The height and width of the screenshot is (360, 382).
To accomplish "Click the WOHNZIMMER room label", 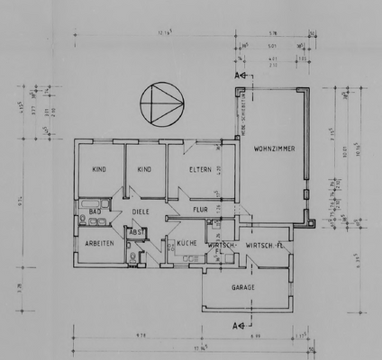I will pos(272,148).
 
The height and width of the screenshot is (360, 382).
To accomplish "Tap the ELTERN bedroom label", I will pos(199,168).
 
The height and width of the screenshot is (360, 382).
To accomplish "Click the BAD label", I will pos(94,211).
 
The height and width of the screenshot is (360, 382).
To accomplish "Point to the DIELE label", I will pos(141,212).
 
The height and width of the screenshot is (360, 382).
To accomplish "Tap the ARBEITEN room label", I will pos(98,243).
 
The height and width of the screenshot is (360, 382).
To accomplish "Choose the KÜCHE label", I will pos(186,244).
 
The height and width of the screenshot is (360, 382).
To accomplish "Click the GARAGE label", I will pos(243,287).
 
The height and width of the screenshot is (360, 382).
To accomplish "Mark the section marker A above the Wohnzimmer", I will pos(239,76).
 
